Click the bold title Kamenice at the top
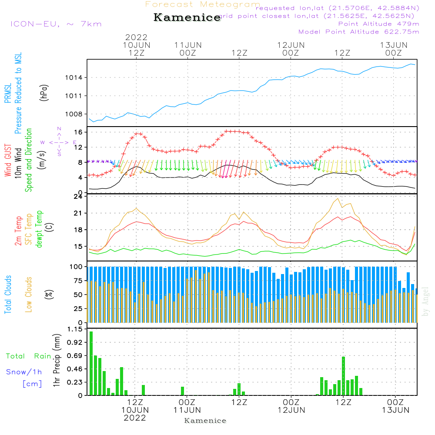(187, 18)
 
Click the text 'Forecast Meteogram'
(203, 5)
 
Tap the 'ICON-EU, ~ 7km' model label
(56, 24)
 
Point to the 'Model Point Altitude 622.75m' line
(358, 32)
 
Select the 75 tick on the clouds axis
(78, 281)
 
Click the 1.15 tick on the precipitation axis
(75, 329)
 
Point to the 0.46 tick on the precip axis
(75, 369)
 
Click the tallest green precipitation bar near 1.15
(91, 363)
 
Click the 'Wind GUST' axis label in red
(8, 161)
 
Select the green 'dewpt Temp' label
(39, 229)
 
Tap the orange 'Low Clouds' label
(29, 294)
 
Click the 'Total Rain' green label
(29, 356)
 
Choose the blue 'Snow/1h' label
(24, 372)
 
